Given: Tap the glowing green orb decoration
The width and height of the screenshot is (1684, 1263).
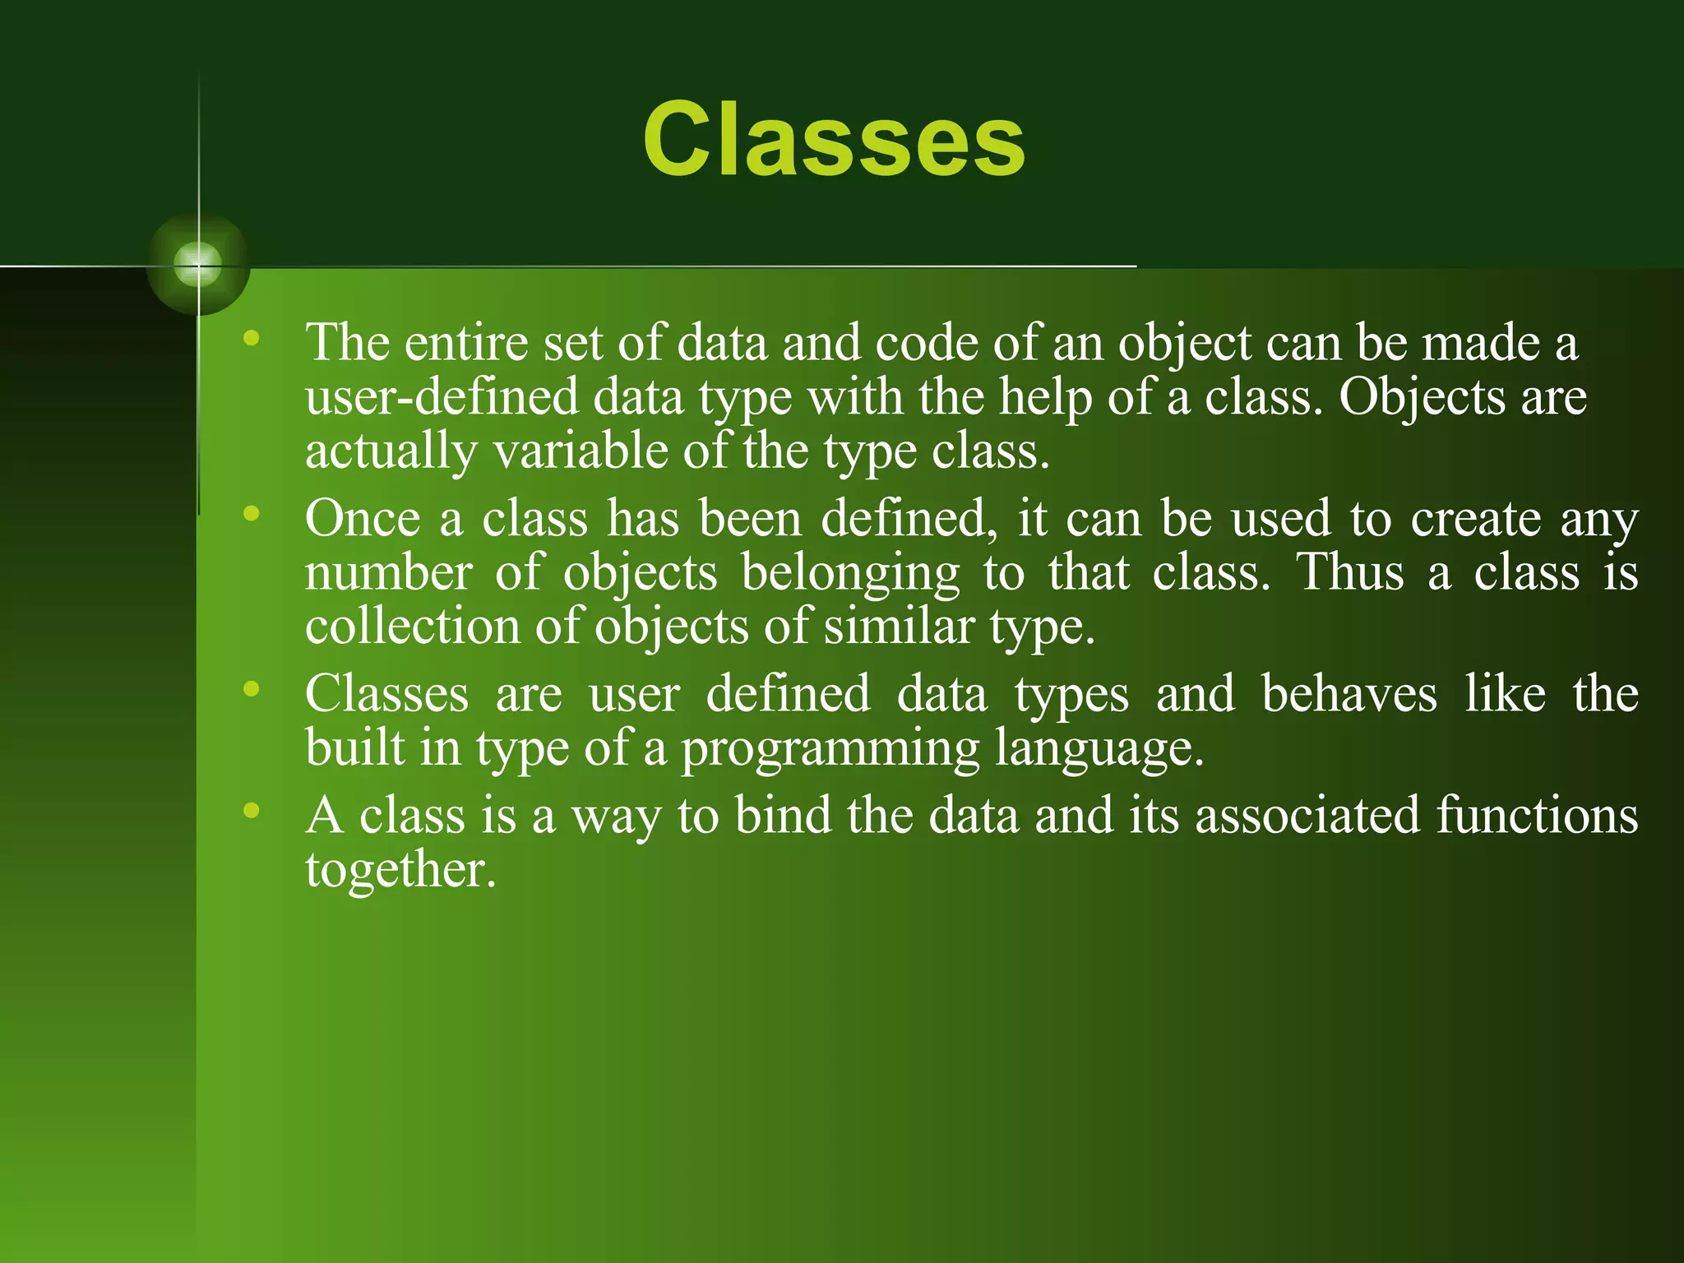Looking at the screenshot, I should (x=198, y=265).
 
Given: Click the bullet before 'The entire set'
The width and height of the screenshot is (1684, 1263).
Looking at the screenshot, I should (x=252, y=338).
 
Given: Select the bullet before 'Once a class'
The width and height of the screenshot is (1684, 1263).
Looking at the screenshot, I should (x=252, y=514).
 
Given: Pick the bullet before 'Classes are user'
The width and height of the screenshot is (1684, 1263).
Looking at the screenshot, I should (x=252, y=689).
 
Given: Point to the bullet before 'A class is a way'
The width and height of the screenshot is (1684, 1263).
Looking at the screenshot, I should (x=252, y=810).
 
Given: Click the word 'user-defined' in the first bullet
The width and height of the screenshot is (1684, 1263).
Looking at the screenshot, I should (x=442, y=398).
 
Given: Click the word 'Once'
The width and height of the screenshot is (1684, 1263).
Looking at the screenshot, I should (x=363, y=519).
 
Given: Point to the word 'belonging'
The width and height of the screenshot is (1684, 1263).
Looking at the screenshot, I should (x=850, y=574).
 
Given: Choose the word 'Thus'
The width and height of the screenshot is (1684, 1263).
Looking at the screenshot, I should (x=1350, y=572).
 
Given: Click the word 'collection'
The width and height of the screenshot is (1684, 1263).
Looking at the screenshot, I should (x=413, y=627).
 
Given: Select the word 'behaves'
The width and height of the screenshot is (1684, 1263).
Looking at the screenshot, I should (x=1349, y=694).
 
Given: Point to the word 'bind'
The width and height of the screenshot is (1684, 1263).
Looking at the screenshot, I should (x=782, y=816).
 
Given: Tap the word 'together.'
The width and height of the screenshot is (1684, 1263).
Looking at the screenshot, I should (x=400, y=870).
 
